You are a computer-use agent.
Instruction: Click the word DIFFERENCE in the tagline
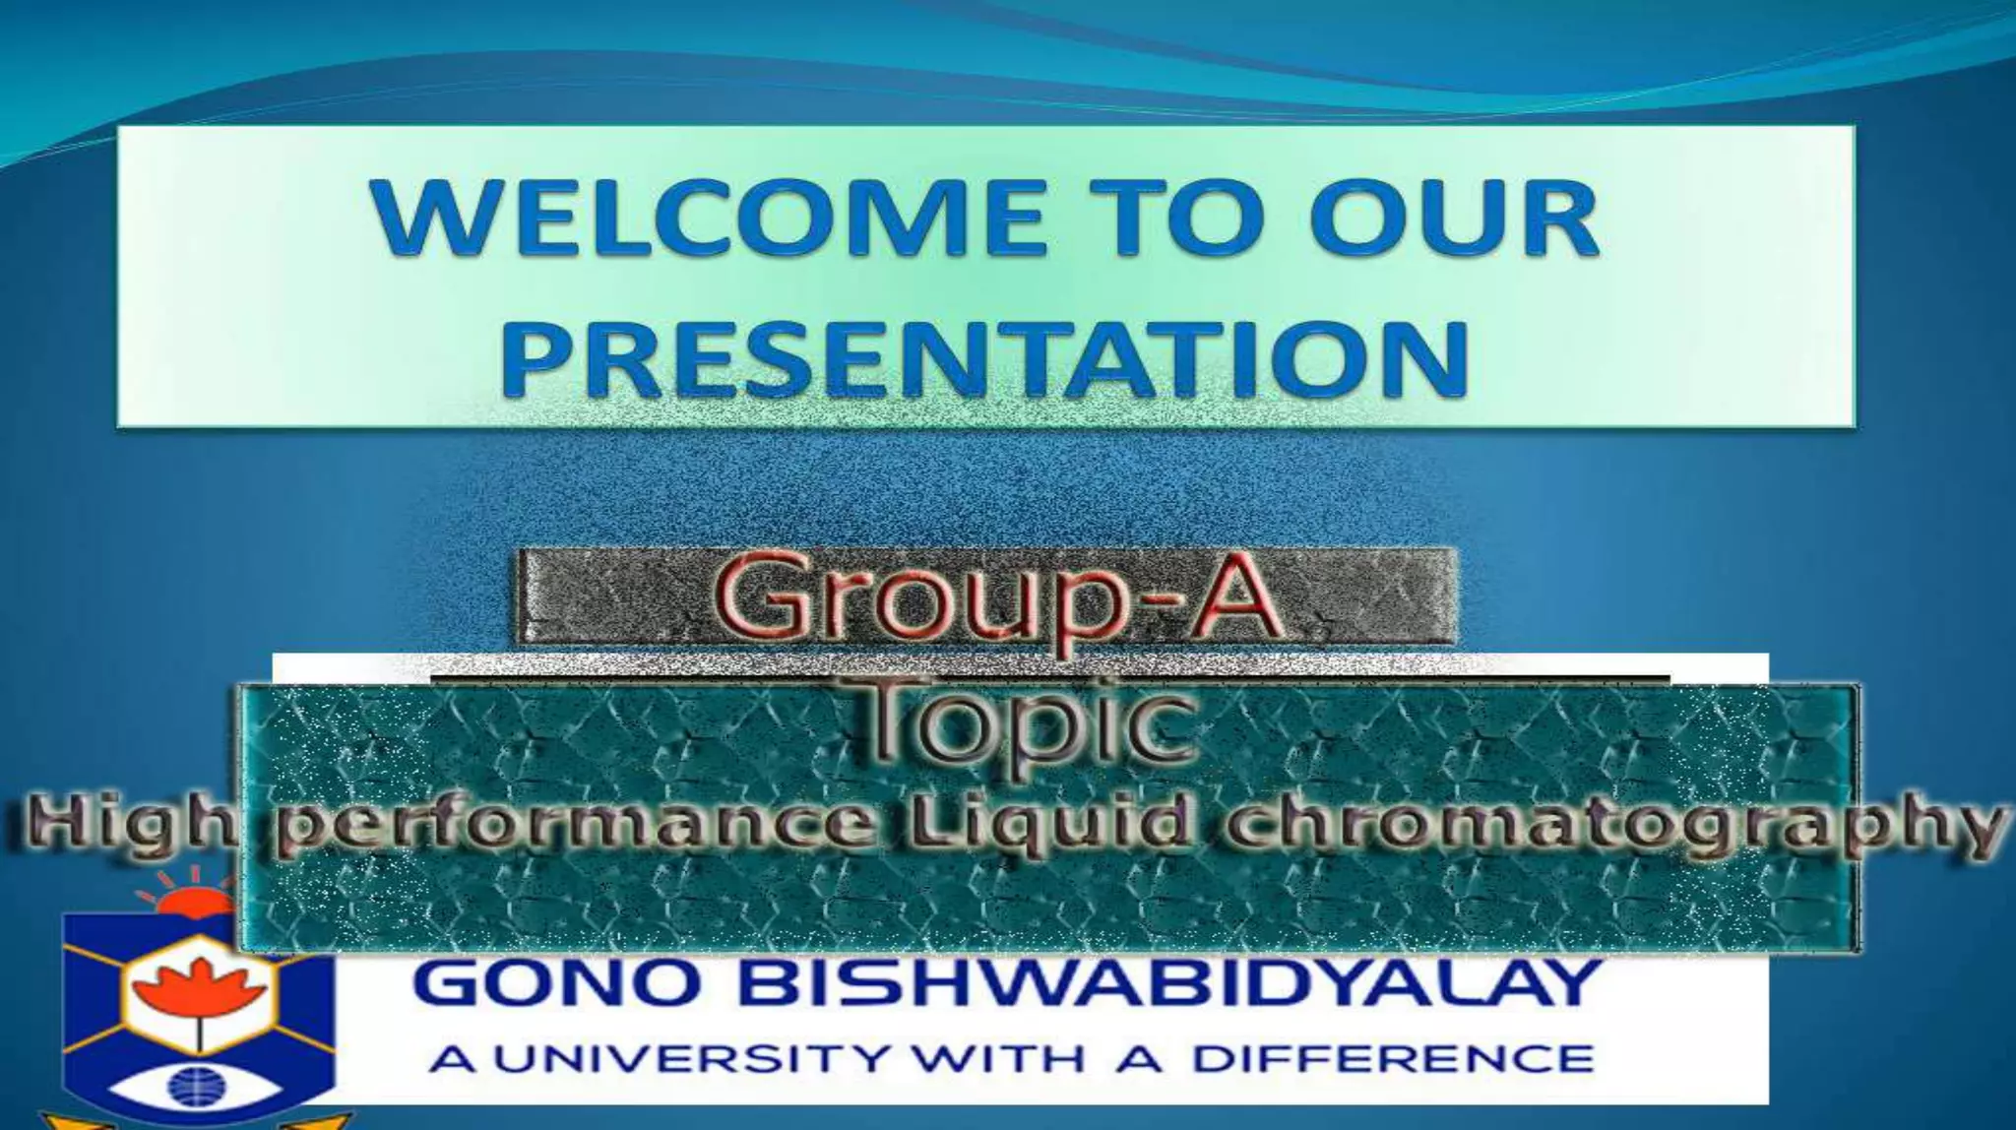[x=1393, y=1059]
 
